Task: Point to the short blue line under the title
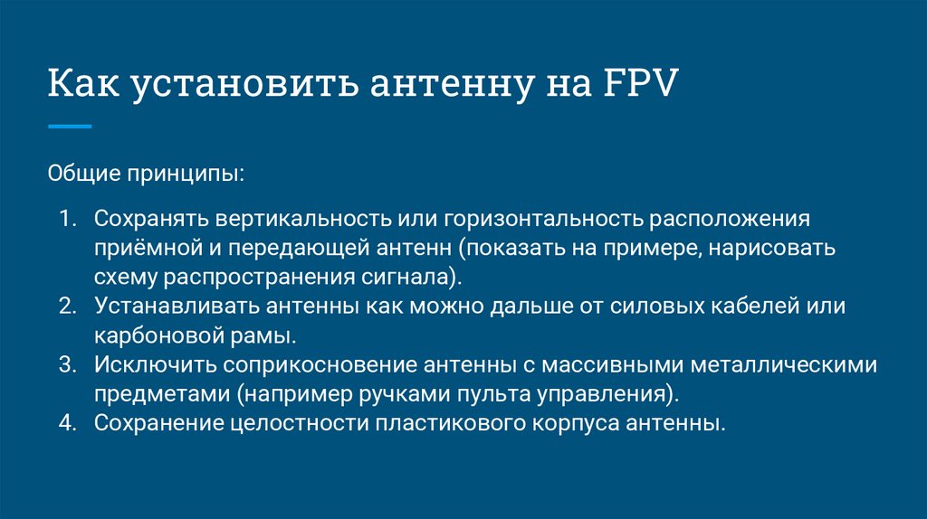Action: click(70, 127)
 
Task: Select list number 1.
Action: click(68, 219)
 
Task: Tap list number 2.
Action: click(68, 306)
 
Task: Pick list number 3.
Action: click(68, 364)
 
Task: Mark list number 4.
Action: click(68, 422)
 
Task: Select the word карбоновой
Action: click(148, 335)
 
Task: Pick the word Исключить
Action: click(149, 364)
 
